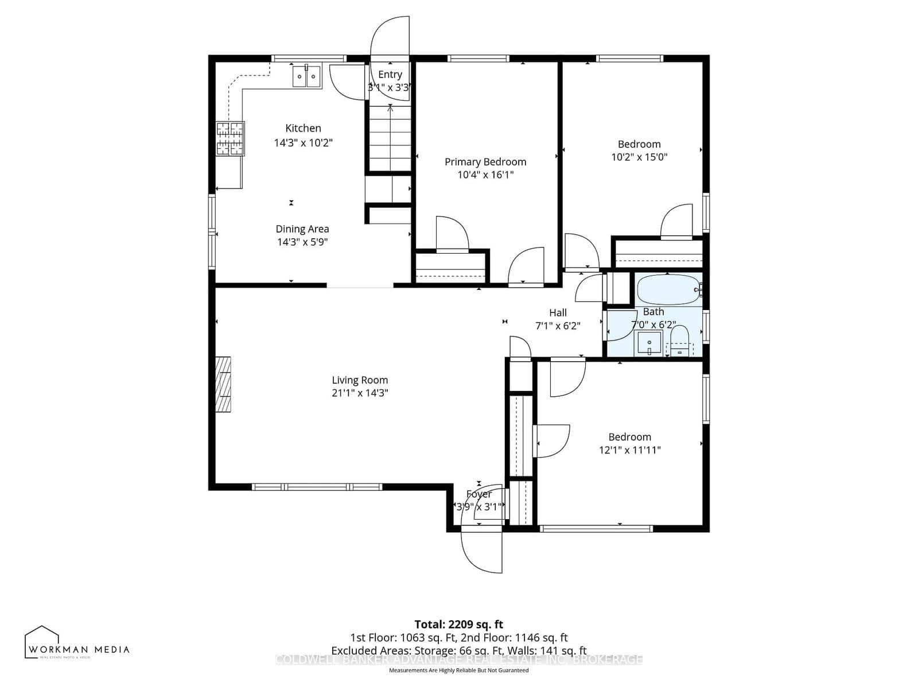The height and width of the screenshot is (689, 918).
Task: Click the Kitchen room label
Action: point(303,128)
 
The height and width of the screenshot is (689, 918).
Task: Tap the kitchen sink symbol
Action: point(306,76)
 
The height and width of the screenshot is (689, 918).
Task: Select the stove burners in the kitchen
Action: point(230,138)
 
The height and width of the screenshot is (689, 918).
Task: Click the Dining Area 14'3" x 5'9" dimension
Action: point(302,242)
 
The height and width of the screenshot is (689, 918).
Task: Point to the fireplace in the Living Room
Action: point(223,384)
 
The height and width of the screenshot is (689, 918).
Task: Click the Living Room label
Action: point(360,380)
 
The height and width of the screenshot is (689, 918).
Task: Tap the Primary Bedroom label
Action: point(485,162)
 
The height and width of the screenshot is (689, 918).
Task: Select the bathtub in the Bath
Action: point(668,290)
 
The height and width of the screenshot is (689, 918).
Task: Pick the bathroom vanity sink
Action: point(649,343)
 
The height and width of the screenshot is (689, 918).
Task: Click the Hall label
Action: point(558,313)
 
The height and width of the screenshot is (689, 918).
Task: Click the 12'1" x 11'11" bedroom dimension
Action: point(630,450)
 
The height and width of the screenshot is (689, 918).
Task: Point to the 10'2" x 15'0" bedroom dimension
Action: point(639,157)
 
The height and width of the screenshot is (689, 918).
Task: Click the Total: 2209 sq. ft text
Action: point(458,624)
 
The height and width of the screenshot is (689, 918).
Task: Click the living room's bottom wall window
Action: point(317,487)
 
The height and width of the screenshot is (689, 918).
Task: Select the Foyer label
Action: point(479,494)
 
